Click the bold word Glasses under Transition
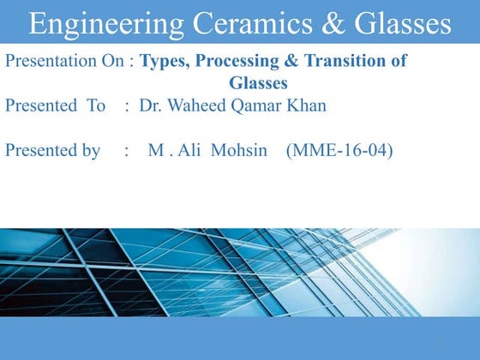click(x=258, y=83)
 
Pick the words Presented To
click(x=56, y=106)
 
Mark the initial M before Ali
click(x=155, y=151)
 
